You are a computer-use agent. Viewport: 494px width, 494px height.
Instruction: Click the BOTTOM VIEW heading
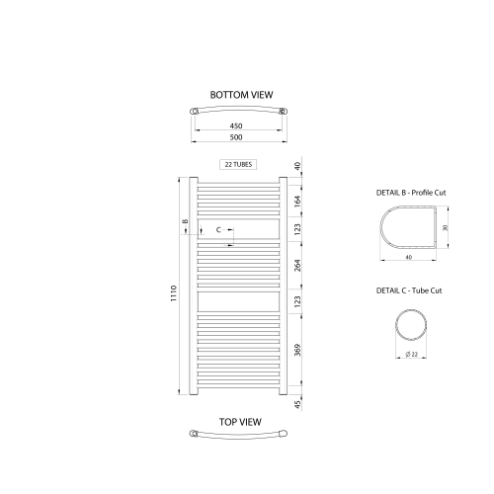pyautogui.click(x=241, y=95)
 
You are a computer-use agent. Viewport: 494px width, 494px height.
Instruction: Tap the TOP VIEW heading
pyautogui.click(x=240, y=422)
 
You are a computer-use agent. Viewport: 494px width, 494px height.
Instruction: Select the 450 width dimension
pyautogui.click(x=236, y=125)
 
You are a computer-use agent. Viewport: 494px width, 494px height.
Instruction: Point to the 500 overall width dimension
pyautogui.click(x=236, y=137)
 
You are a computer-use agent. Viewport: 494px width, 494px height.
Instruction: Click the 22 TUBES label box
pyautogui.click(x=238, y=164)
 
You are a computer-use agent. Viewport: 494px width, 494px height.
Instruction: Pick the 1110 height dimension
pyautogui.click(x=174, y=293)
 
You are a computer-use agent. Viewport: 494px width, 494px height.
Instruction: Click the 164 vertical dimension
pyautogui.click(x=297, y=202)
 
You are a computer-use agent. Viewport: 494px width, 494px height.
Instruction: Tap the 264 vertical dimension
pyautogui.click(x=297, y=266)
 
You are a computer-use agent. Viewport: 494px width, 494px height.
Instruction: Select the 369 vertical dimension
pyautogui.click(x=297, y=350)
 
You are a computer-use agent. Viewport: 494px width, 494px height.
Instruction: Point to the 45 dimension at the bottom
pyautogui.click(x=297, y=404)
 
